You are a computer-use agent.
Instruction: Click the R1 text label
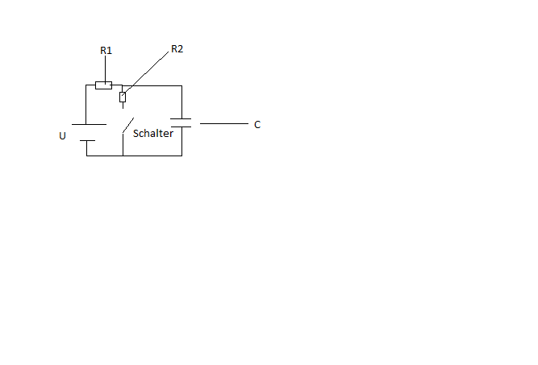point(106,51)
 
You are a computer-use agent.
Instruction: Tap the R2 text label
point(177,48)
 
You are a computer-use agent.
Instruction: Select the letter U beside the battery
point(62,136)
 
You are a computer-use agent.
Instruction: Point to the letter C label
point(257,124)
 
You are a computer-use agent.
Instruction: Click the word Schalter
point(153,133)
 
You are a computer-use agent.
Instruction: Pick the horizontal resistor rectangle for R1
point(103,85)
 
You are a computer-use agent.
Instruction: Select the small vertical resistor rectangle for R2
point(123,97)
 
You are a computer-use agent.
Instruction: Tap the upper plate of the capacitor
point(181,119)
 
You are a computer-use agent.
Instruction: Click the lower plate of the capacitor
point(181,127)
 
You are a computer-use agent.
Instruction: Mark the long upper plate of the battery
point(89,124)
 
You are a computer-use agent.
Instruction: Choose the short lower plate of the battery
point(87,140)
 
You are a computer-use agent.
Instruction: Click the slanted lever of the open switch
point(128,125)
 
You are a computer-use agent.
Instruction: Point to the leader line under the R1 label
point(106,68)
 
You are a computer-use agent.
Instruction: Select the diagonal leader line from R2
point(146,73)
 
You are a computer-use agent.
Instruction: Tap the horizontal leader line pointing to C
point(224,123)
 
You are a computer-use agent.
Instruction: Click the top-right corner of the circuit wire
point(181,85)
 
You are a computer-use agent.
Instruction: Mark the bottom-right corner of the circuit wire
point(181,156)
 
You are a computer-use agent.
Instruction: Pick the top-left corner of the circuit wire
point(85,85)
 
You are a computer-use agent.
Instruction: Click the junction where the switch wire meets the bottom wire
point(123,156)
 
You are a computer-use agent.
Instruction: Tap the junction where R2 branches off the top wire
point(123,85)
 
